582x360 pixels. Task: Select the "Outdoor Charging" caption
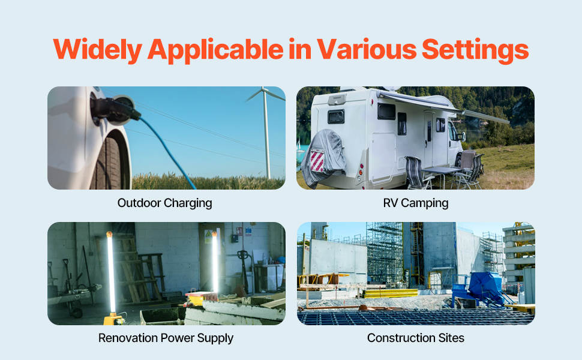tap(165, 203)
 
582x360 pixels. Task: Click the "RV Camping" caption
tap(416, 203)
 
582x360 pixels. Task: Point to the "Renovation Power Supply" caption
tap(166, 338)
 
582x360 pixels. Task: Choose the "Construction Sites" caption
tap(416, 338)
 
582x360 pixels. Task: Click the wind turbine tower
tap(266, 138)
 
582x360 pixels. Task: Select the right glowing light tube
tap(215, 264)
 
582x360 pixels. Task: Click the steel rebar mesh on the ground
tap(408, 317)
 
